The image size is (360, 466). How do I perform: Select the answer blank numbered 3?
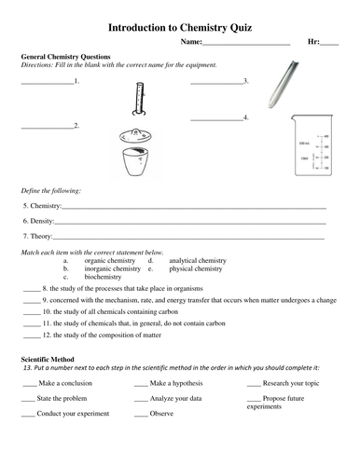(216, 82)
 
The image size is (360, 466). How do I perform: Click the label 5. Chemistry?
(42, 205)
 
